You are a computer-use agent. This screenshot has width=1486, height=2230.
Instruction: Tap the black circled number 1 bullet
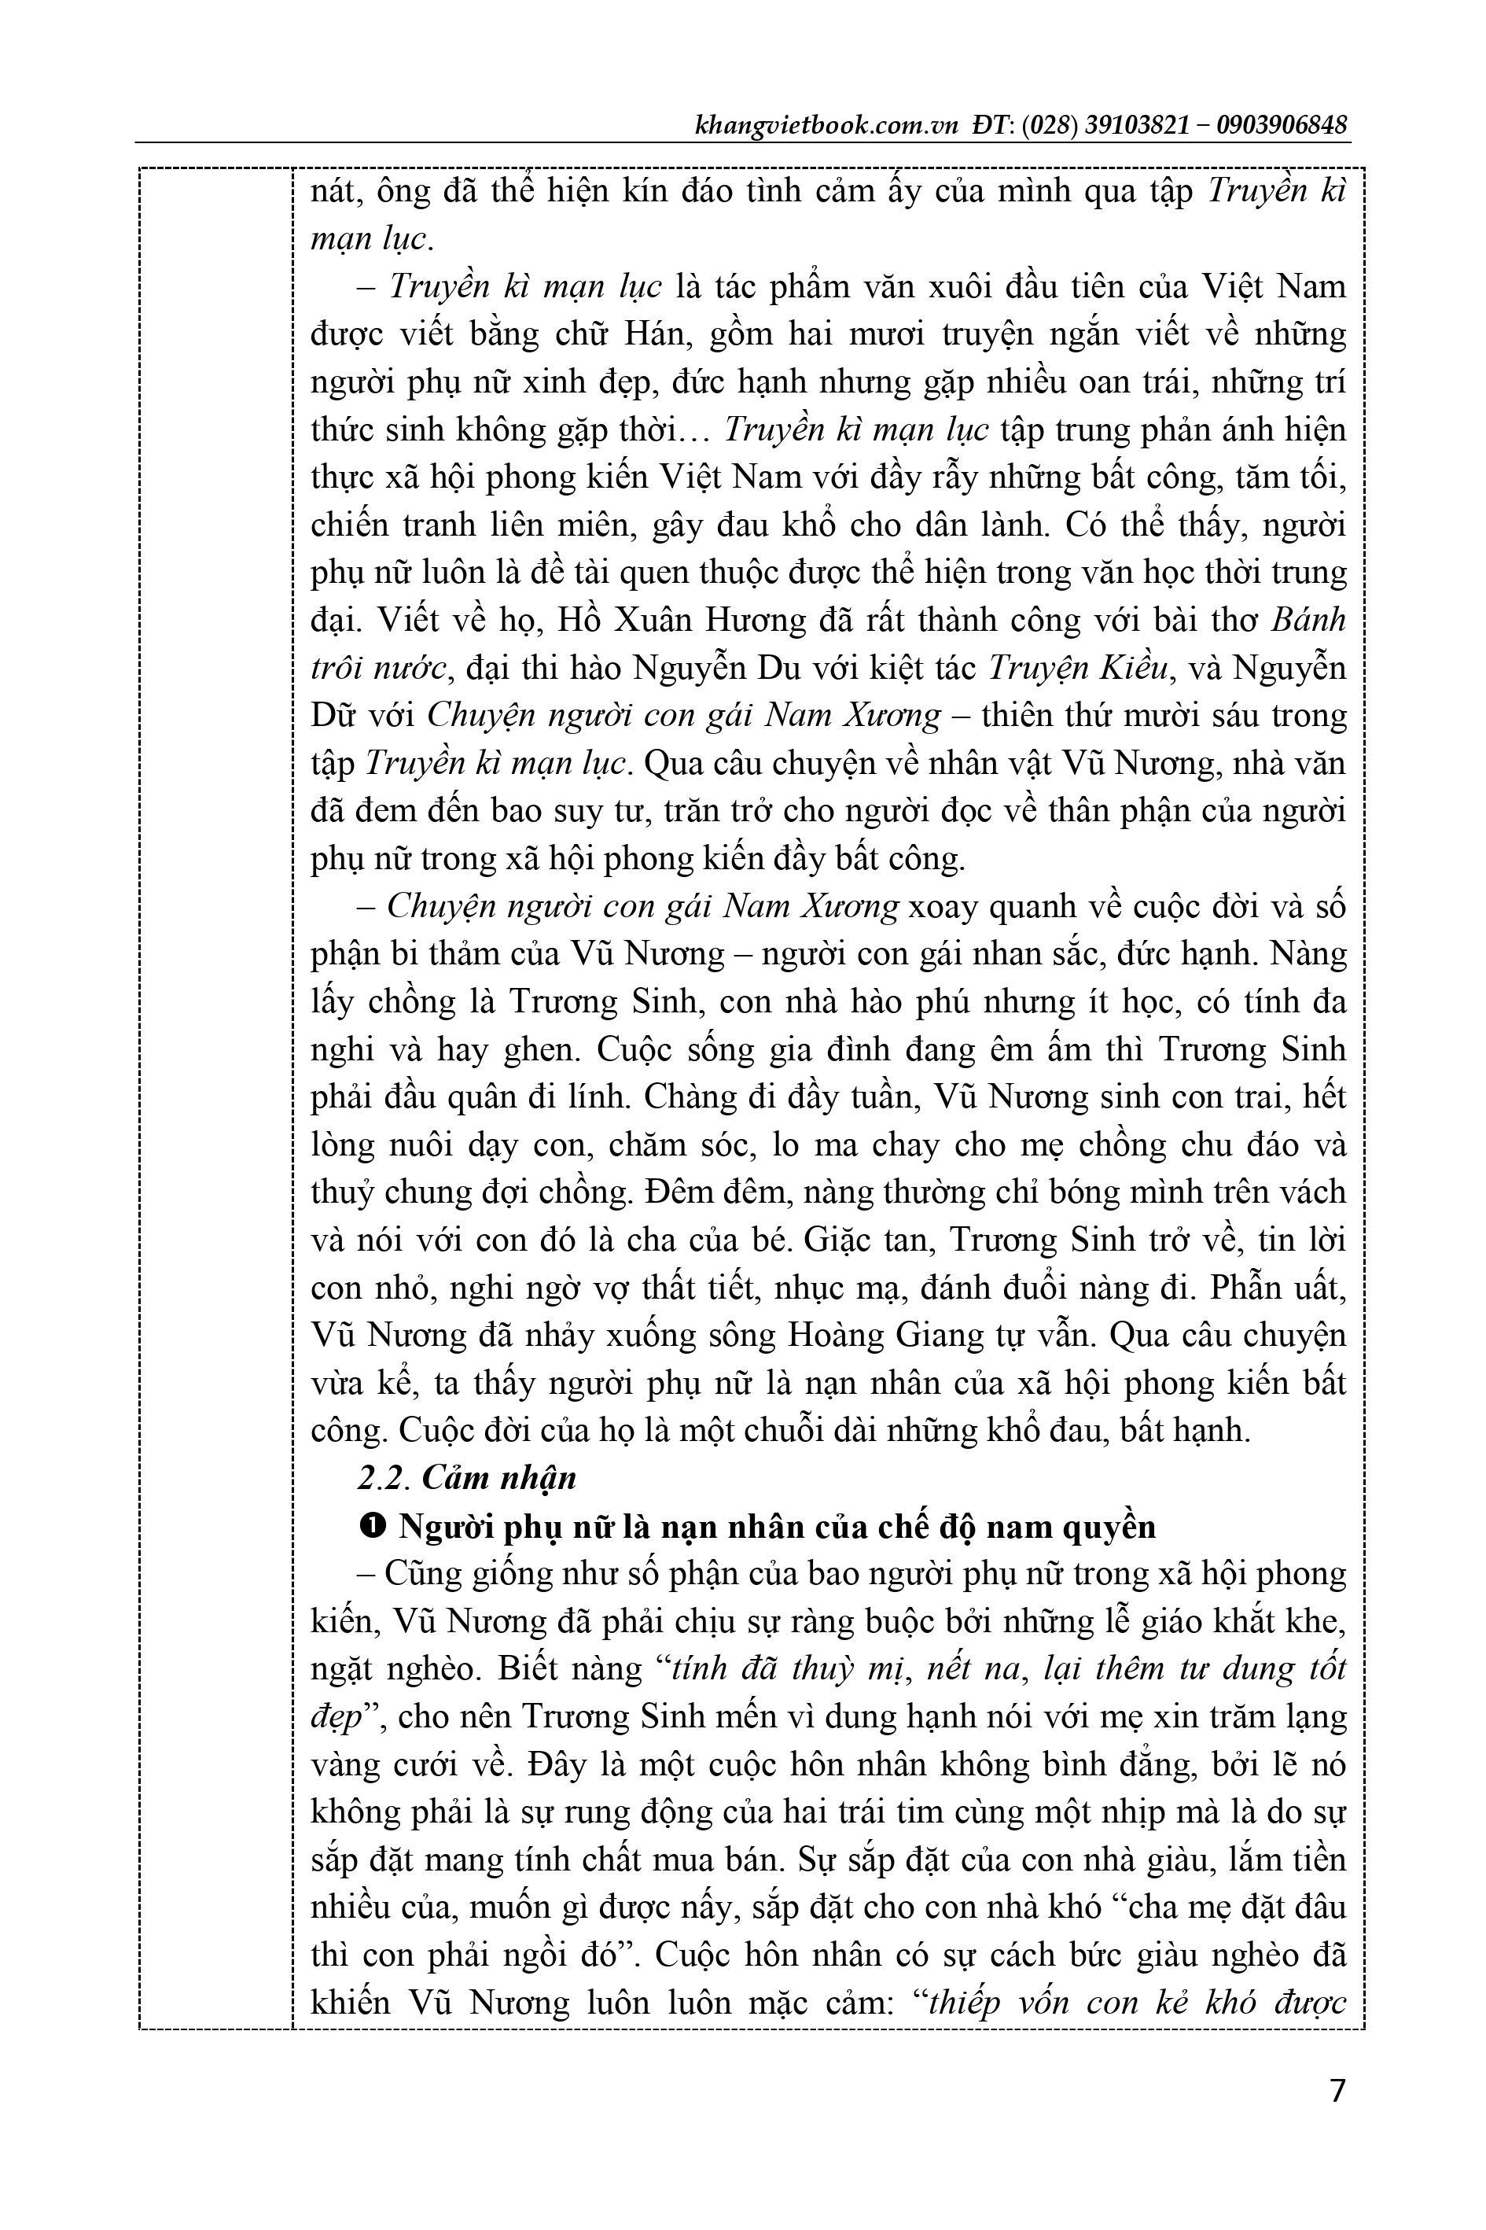pos(373,1527)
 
